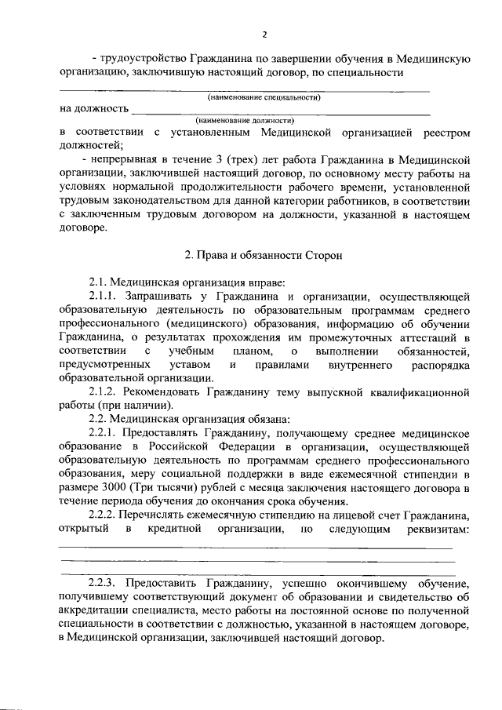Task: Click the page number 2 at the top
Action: pos(264,35)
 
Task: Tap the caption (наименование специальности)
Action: pos(264,97)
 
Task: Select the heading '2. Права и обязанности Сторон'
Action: pos(251,257)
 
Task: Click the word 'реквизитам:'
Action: pos(435,530)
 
